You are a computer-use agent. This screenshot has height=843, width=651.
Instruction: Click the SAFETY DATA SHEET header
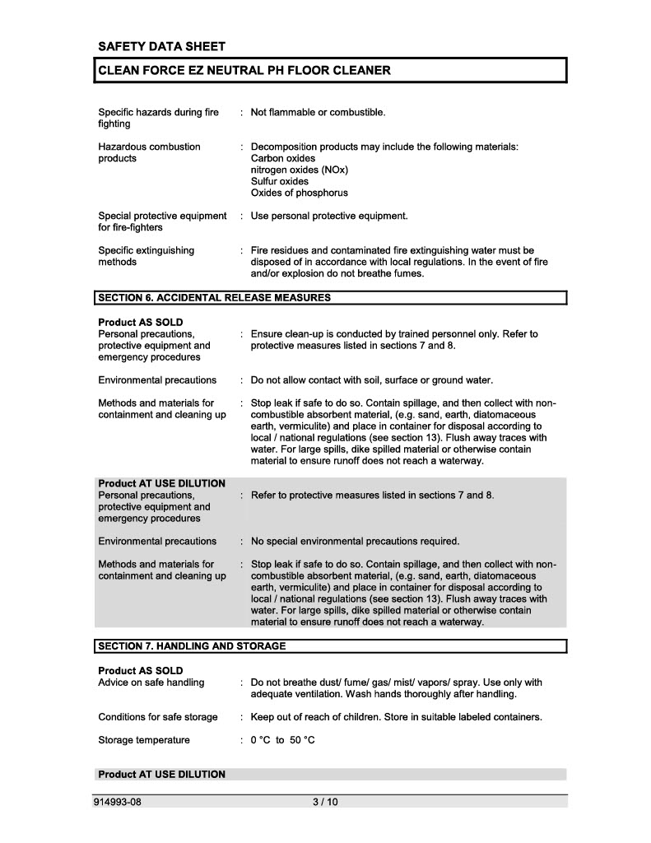161,46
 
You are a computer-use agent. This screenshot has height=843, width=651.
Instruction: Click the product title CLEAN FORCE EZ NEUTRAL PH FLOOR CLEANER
244,71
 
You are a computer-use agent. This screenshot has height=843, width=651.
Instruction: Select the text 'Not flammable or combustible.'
318,112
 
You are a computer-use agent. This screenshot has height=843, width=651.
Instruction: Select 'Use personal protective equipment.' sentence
329,216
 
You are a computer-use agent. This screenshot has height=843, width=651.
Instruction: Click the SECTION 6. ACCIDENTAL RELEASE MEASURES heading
214,296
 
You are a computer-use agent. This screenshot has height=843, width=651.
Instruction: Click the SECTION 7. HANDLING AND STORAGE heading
192,646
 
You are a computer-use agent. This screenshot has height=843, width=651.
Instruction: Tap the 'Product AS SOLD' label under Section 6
141,322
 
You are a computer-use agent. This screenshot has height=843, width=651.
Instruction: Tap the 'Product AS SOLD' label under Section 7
141,671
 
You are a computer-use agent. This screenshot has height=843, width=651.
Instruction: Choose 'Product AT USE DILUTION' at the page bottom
161,775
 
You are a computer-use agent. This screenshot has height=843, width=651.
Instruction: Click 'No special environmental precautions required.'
355,541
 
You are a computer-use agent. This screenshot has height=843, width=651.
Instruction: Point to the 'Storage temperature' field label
144,740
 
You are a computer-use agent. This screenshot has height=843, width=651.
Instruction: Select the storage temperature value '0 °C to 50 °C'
282,740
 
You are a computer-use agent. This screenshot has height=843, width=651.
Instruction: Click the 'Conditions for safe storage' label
158,717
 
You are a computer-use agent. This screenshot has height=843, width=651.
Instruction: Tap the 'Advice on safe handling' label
151,682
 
